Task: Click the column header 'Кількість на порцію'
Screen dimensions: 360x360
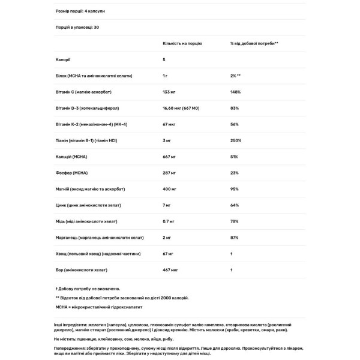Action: click(x=182, y=44)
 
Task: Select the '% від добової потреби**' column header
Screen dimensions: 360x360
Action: click(x=254, y=44)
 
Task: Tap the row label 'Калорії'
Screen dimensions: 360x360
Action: click(x=62, y=60)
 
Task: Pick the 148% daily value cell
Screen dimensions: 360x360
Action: click(x=235, y=92)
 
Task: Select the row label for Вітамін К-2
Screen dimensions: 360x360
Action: click(x=91, y=124)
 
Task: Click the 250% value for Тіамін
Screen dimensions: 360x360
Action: click(x=235, y=140)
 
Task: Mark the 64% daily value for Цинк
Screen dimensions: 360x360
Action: click(x=235, y=205)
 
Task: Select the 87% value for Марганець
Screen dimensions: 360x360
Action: click(x=235, y=238)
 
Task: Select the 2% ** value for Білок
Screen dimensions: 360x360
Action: click(x=235, y=76)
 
